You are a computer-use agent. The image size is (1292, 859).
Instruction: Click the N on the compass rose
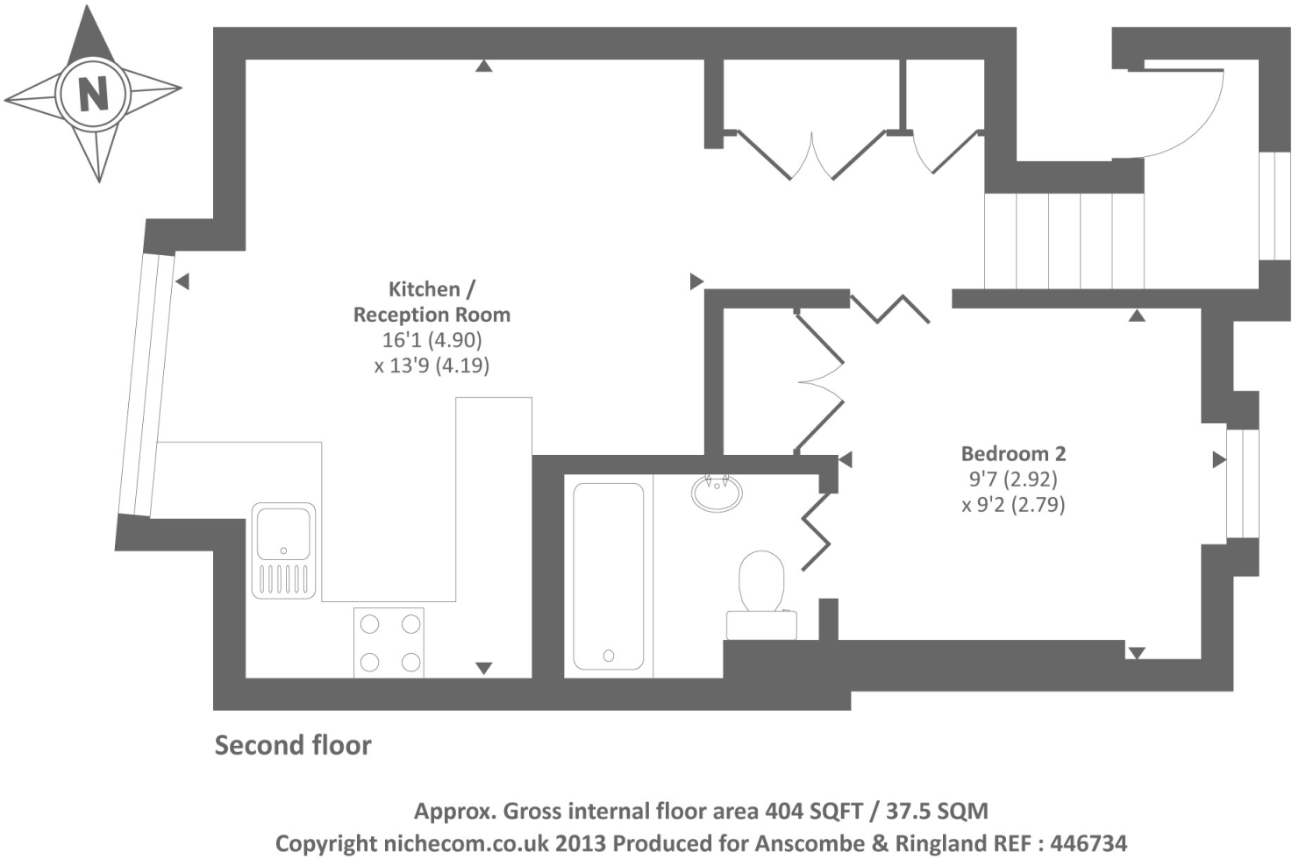[x=94, y=93]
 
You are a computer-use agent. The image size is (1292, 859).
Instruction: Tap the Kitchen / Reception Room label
[x=432, y=302]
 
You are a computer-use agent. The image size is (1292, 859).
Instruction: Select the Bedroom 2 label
[x=1013, y=454]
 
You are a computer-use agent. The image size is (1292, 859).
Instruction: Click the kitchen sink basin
[x=283, y=534]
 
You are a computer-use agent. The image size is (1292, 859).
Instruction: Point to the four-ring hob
[x=389, y=642]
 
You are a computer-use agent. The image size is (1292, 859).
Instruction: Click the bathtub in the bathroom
[x=608, y=577]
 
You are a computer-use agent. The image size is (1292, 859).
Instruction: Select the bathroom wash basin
[x=717, y=493]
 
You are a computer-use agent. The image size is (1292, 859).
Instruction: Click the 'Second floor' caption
[x=293, y=745]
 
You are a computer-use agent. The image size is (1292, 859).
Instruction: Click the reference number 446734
[x=1089, y=843]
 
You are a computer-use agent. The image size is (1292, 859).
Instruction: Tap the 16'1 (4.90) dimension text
[x=432, y=340]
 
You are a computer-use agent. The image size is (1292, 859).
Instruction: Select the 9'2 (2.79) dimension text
[x=1013, y=505]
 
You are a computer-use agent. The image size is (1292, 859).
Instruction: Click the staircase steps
[x=1064, y=240]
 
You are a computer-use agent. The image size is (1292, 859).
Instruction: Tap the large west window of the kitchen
[x=146, y=385]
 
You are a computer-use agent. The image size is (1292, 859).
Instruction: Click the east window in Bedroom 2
[x=1242, y=483]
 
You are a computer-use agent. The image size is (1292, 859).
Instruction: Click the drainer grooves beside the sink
[x=283, y=579]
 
